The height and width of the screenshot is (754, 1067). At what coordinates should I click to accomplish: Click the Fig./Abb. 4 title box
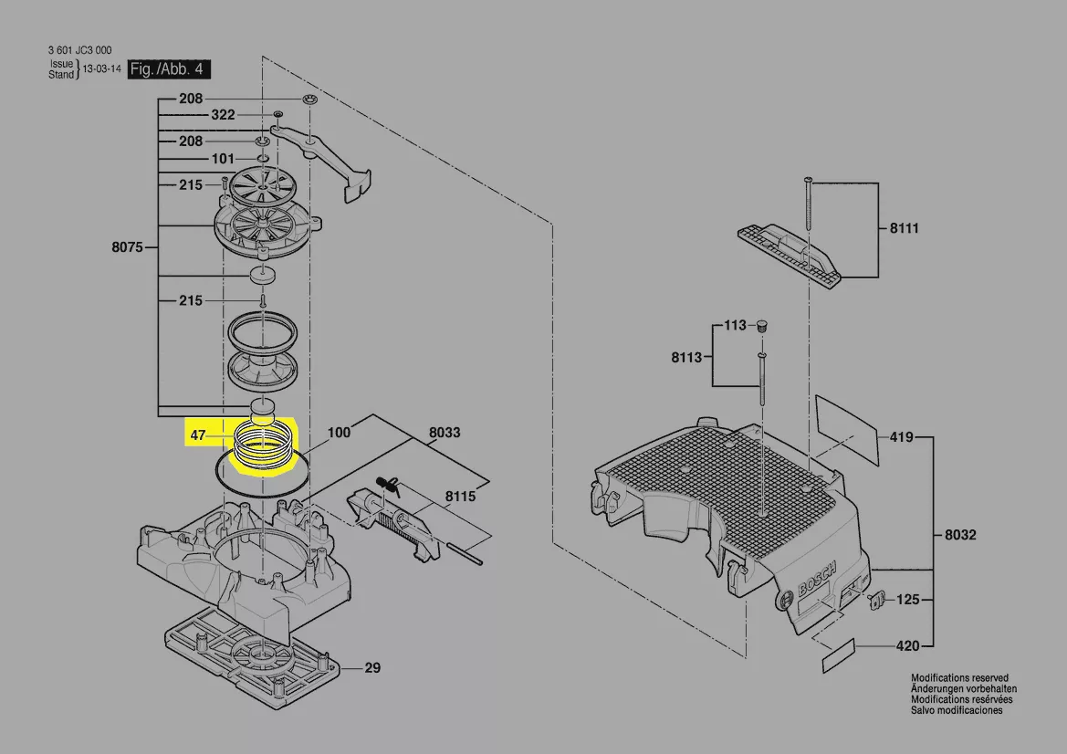(x=169, y=69)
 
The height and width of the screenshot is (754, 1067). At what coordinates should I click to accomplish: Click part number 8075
(x=127, y=247)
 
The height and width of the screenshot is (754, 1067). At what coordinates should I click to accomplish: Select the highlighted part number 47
(x=197, y=435)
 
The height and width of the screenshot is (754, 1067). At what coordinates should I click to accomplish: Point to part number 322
(x=223, y=115)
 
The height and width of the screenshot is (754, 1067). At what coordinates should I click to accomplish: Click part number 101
(x=223, y=159)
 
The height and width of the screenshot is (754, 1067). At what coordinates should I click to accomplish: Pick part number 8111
(x=905, y=228)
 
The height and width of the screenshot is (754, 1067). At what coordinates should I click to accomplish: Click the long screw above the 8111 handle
(x=808, y=204)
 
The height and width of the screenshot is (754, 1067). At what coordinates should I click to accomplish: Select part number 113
(x=735, y=325)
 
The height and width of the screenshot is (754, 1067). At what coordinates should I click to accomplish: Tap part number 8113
(x=686, y=357)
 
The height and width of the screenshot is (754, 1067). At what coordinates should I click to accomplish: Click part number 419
(x=902, y=437)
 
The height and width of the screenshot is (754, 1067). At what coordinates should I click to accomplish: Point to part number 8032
(x=960, y=535)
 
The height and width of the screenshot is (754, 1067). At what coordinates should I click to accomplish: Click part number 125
(x=908, y=600)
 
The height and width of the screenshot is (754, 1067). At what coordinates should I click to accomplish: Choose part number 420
(x=908, y=645)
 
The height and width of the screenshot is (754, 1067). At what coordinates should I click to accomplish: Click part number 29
(x=372, y=667)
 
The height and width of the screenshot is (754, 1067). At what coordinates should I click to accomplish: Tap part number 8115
(x=461, y=496)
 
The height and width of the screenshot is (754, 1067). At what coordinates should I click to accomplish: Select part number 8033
(x=445, y=432)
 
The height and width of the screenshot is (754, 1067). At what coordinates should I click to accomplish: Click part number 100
(x=339, y=432)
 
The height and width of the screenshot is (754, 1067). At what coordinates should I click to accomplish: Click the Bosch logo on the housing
(x=817, y=579)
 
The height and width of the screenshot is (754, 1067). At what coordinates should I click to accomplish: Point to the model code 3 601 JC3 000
(x=79, y=49)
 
